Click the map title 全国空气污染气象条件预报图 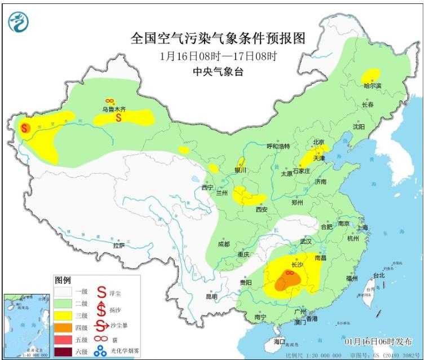pos(218,38)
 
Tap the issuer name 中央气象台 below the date pos(218,72)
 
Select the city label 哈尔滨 pos(373,86)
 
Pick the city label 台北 pos(379,275)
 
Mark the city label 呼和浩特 pos(277,146)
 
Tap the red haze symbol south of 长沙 pos(290,273)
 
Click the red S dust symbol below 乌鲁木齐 pos(119,118)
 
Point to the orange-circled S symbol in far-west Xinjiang pos(25,128)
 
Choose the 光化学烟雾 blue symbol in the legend pos(102,351)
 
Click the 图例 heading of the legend pos(63,280)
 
